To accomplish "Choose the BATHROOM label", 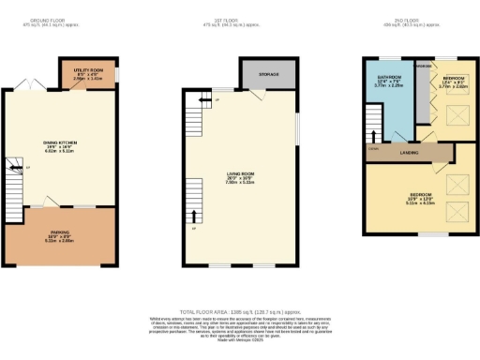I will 389,78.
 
